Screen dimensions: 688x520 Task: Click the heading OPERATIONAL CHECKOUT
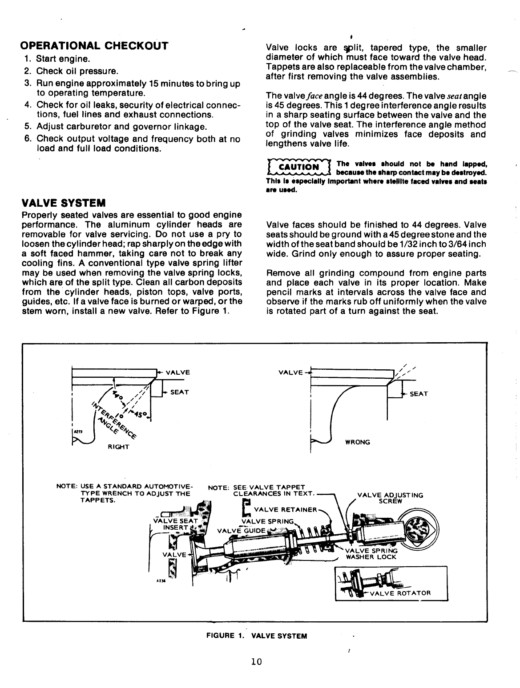tap(95, 46)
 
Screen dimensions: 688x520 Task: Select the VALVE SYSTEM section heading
tap(63, 203)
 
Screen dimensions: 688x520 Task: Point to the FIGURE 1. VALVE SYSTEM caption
tap(257, 636)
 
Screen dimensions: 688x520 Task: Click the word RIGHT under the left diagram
tap(118, 447)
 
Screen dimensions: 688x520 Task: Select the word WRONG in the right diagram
tap(358, 442)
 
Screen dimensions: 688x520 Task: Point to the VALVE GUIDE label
tap(241, 530)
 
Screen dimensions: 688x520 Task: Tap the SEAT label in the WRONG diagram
tap(419, 394)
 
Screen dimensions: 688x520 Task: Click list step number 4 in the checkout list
tap(27, 104)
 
